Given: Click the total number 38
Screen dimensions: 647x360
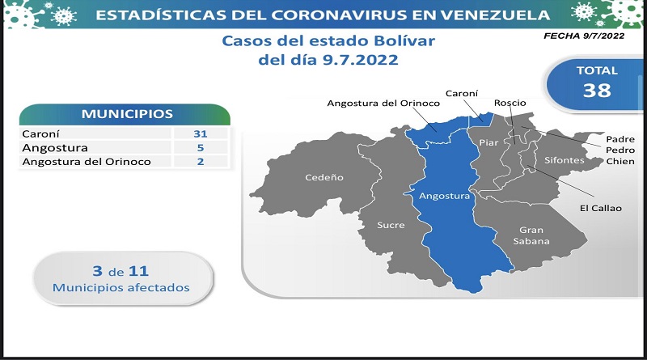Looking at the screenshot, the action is pyautogui.click(x=597, y=91).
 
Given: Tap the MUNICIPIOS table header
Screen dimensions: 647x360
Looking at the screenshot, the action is pyautogui.click(x=127, y=114).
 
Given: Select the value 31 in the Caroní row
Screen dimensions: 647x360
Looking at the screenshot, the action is pyautogui.click(x=200, y=133).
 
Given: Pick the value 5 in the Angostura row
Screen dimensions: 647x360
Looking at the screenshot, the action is pyautogui.click(x=200, y=148).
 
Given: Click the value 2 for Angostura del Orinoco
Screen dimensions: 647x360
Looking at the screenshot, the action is pyautogui.click(x=200, y=162).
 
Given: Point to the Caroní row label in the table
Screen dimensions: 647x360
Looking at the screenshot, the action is pyautogui.click(x=41, y=133).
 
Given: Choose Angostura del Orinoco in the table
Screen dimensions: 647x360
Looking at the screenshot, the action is pyautogui.click(x=87, y=162).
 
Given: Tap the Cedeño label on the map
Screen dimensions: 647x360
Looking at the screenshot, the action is pyautogui.click(x=324, y=177).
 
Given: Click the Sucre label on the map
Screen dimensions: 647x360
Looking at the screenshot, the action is pyautogui.click(x=391, y=225).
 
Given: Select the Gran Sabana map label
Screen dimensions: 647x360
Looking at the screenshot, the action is pyautogui.click(x=531, y=235).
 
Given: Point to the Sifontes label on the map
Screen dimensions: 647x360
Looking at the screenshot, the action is pyautogui.click(x=564, y=160).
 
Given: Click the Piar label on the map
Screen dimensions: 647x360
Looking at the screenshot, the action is pyautogui.click(x=488, y=142).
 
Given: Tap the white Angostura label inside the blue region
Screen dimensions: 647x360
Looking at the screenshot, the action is pyautogui.click(x=444, y=196).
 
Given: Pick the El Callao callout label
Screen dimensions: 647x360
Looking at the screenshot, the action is pyautogui.click(x=600, y=208).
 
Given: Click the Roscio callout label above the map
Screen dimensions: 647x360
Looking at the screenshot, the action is pyautogui.click(x=510, y=103).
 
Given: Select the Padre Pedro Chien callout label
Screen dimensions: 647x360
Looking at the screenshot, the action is pyautogui.click(x=620, y=150).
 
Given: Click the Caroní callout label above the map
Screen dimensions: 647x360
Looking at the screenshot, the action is pyautogui.click(x=462, y=93).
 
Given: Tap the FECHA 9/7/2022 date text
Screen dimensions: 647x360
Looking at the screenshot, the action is pyautogui.click(x=584, y=36).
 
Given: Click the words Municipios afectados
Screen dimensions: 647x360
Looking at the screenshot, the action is pyautogui.click(x=121, y=287).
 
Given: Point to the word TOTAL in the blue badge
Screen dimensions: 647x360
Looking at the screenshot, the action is pyautogui.click(x=597, y=70).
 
